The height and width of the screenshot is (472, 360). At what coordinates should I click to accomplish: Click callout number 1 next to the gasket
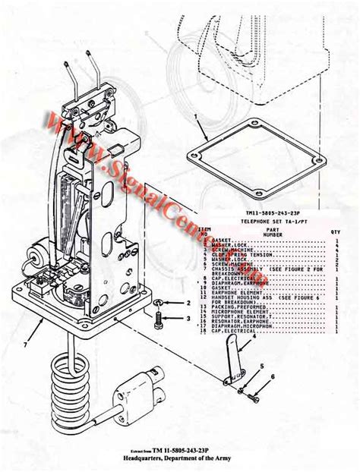click(196, 118)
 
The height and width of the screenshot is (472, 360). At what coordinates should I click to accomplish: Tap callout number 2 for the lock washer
click(187, 303)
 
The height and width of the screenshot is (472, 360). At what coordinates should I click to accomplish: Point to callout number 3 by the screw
click(187, 319)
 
